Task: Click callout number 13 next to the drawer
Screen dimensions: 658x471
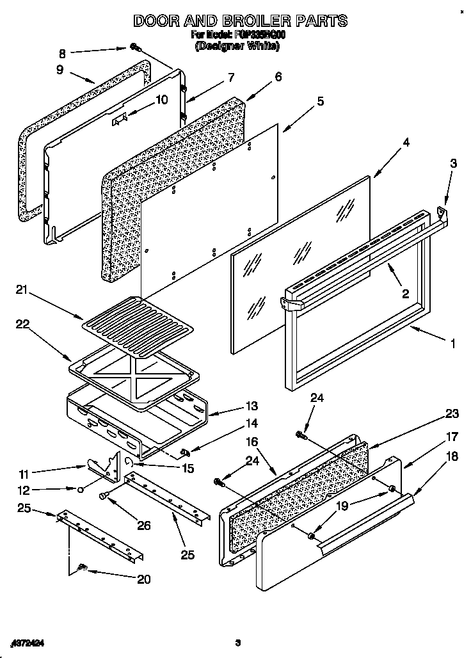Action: [x=251, y=406]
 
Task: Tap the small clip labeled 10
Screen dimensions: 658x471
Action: [x=118, y=119]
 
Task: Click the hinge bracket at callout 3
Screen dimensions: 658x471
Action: [x=442, y=209]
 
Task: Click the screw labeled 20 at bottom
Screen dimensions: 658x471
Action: [x=81, y=566]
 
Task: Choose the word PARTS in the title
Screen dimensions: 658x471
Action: [x=316, y=20]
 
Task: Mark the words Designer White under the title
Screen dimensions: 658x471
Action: [x=237, y=46]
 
